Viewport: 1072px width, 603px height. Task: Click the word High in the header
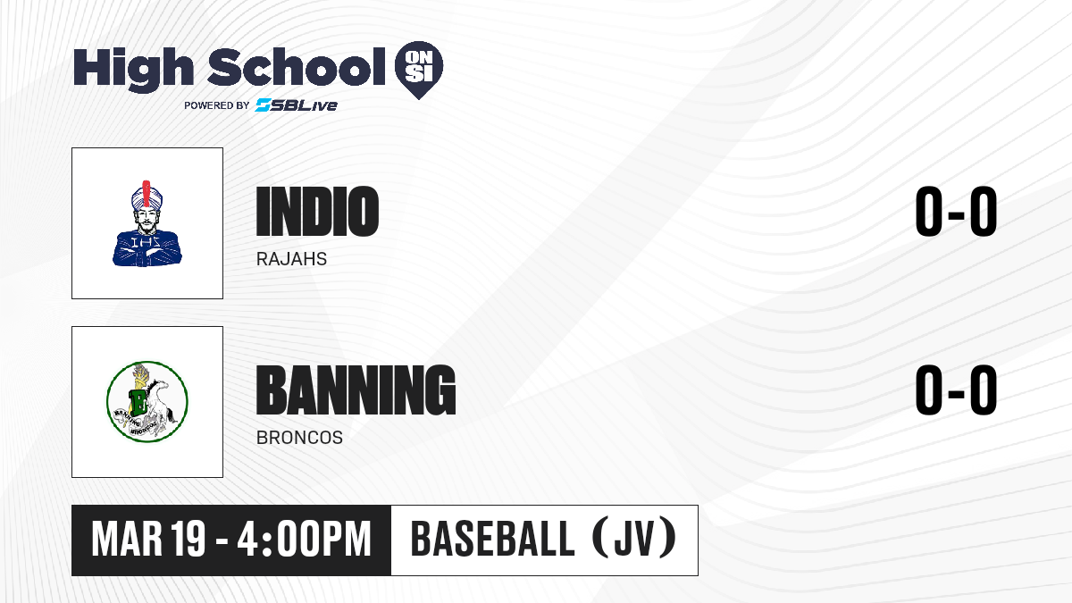pos(133,70)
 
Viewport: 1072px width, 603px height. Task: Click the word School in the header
pos(297,67)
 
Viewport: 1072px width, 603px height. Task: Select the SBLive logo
pos(296,105)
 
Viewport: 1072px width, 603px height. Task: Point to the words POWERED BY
pos(217,105)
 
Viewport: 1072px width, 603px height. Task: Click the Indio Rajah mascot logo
pos(147,223)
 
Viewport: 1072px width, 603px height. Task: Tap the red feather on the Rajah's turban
pos(147,194)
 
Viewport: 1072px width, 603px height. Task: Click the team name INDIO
pos(317,211)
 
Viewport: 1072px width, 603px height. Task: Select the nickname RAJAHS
pos(291,259)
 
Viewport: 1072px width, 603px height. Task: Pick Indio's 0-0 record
pos(956,211)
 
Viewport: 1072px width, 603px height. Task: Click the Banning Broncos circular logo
pos(147,402)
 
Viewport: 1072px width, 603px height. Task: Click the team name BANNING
pos(356,389)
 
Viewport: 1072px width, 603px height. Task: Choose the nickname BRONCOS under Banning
pos(299,438)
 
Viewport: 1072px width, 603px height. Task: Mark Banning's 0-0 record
pos(956,389)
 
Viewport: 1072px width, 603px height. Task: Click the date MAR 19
pos(148,540)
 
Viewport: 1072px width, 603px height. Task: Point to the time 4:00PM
pos(305,540)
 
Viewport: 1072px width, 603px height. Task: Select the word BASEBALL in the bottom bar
pos(492,540)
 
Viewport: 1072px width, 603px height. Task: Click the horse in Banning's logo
pos(160,405)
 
